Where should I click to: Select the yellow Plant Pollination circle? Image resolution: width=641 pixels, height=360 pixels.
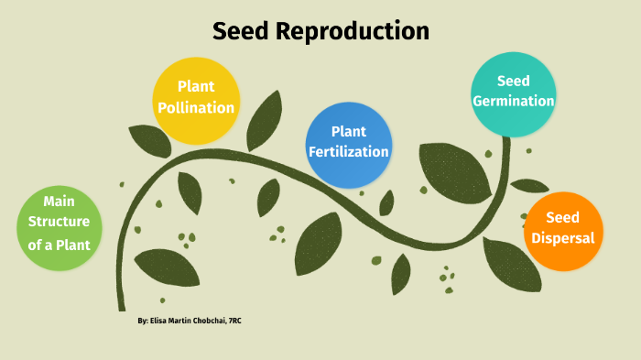click(x=195, y=99)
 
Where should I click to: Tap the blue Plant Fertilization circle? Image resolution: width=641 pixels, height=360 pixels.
click(x=348, y=144)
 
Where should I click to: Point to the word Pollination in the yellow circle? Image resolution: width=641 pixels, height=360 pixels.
click(x=195, y=108)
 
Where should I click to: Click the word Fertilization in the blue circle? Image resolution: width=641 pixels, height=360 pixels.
click(x=349, y=152)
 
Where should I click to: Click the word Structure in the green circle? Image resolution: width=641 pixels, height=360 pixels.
click(x=58, y=222)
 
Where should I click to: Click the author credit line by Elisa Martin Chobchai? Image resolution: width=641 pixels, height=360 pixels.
click(x=190, y=322)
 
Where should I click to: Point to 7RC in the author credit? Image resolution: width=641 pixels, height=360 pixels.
click(x=240, y=322)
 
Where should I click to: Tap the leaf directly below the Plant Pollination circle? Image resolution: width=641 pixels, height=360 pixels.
click(x=190, y=191)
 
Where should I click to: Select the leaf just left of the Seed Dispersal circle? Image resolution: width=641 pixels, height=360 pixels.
click(x=511, y=261)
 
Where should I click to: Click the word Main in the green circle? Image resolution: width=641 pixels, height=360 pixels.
click(x=58, y=200)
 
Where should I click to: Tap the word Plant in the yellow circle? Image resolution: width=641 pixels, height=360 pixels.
click(x=195, y=87)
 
